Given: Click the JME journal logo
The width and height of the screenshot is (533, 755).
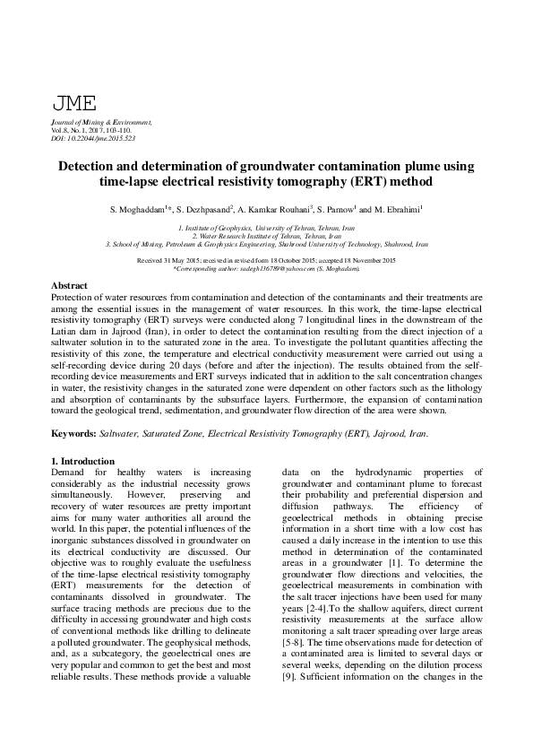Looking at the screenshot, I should (x=74, y=104).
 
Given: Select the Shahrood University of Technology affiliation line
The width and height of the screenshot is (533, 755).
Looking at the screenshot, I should (x=266, y=244).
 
